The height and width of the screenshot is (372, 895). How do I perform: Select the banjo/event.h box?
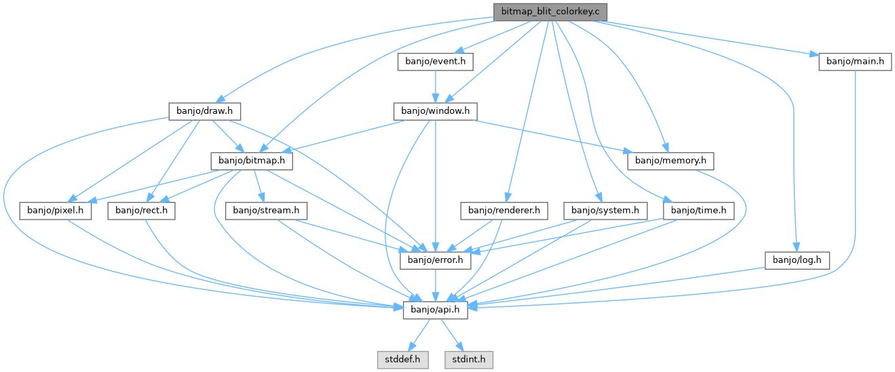(x=435, y=61)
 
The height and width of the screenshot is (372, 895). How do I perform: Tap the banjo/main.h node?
(x=854, y=61)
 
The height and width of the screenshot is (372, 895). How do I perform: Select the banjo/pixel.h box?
(x=56, y=211)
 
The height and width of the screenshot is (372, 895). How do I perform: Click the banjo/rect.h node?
(x=141, y=211)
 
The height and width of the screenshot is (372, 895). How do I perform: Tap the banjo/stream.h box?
(x=266, y=211)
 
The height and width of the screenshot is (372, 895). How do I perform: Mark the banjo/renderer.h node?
(x=503, y=211)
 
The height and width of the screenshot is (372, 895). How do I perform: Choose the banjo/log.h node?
(x=797, y=260)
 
